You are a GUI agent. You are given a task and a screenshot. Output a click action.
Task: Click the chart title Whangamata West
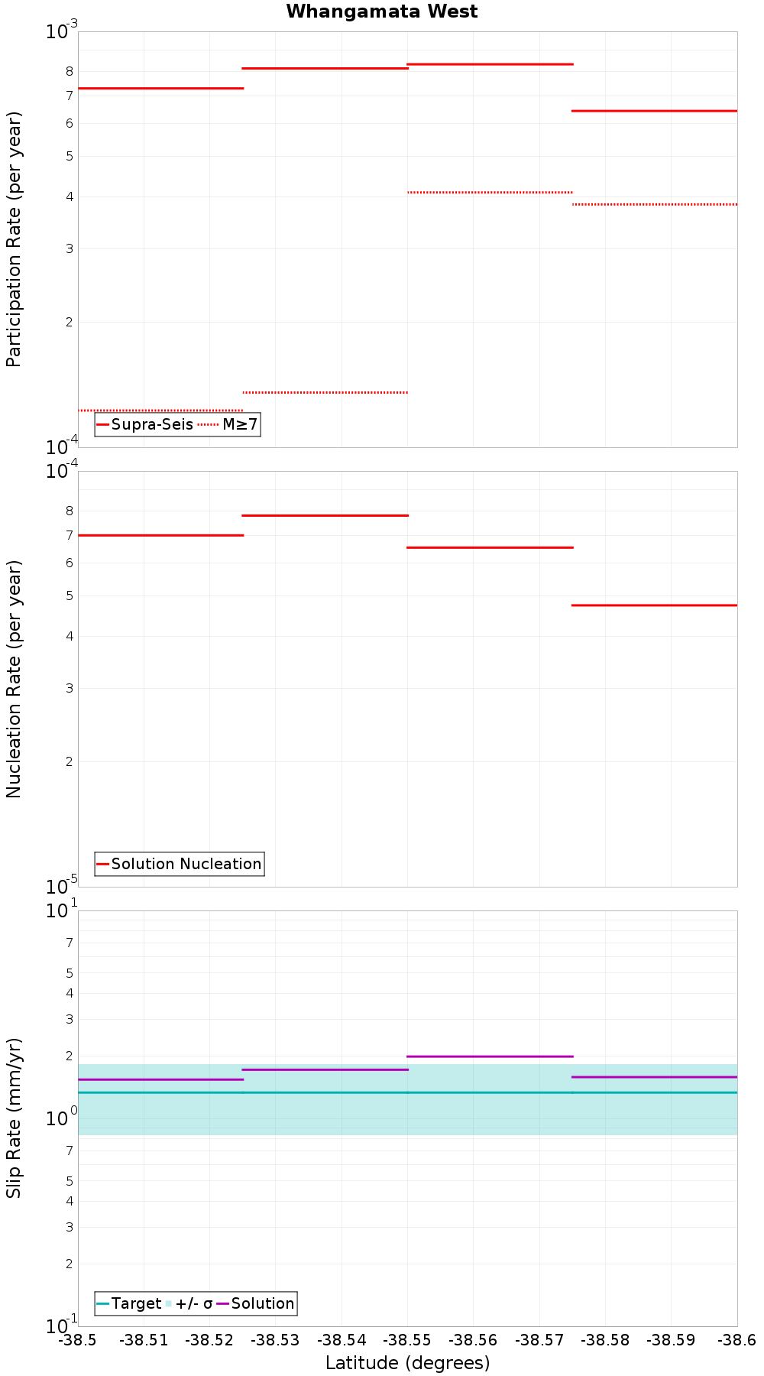[381, 11]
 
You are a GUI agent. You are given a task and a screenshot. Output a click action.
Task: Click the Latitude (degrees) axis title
[407, 1363]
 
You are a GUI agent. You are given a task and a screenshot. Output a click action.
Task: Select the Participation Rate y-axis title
[14, 239]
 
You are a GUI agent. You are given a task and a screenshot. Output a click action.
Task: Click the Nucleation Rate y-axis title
[14, 679]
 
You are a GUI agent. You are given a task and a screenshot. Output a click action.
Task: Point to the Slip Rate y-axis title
[14, 1118]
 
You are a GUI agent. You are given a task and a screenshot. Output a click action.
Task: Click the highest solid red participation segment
[490, 64]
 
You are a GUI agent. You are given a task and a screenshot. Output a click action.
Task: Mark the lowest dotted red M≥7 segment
[160, 411]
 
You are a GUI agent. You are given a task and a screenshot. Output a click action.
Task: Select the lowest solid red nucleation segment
[655, 605]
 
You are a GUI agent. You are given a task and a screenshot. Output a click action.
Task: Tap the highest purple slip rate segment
[490, 1056]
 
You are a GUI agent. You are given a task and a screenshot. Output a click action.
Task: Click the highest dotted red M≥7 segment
[490, 192]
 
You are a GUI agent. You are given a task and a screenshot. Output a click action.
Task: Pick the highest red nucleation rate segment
[325, 515]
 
